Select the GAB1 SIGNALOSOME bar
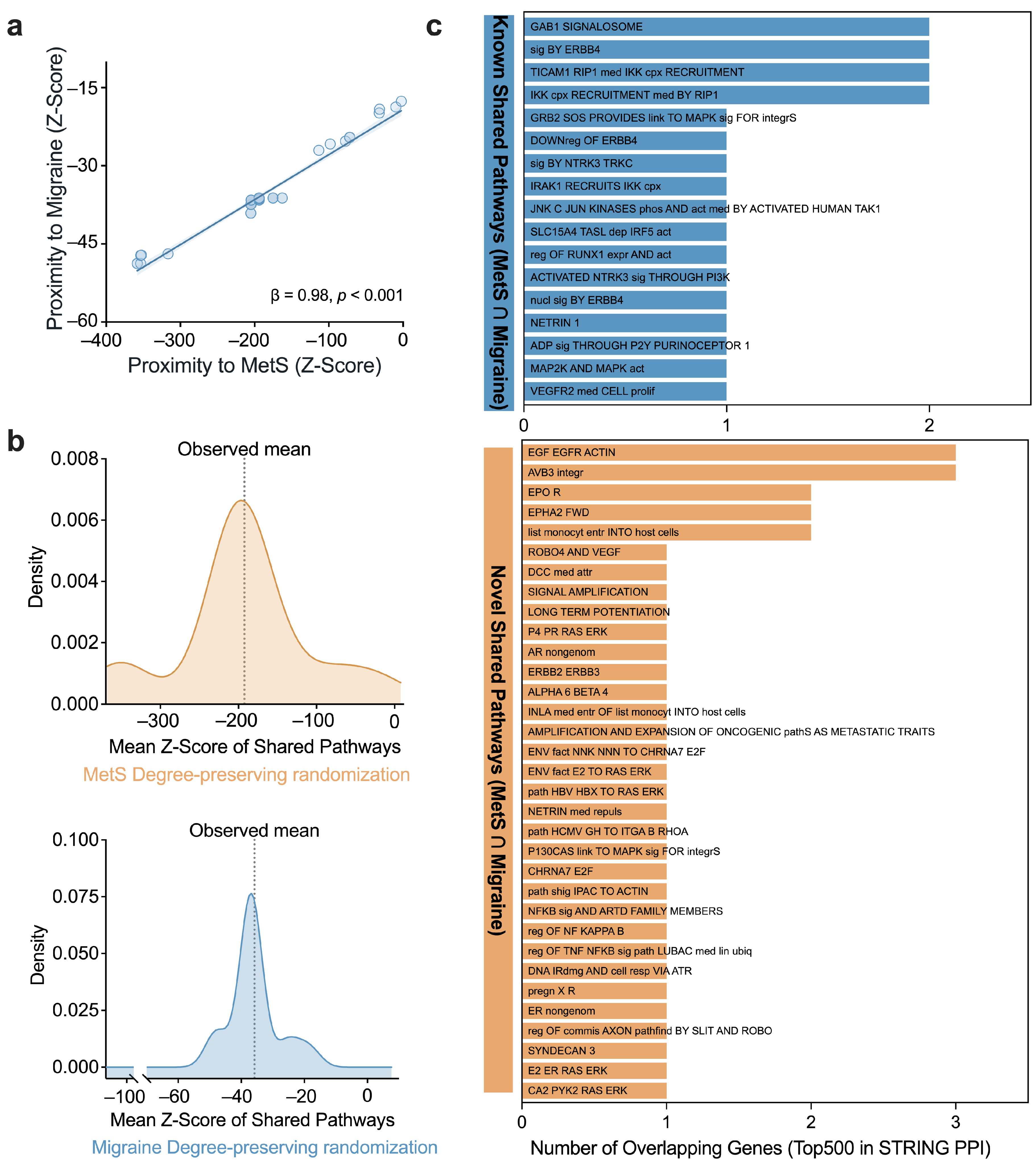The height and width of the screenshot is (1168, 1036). click(726, 27)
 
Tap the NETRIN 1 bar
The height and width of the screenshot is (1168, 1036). click(625, 323)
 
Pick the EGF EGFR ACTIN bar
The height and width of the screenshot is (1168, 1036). click(739, 453)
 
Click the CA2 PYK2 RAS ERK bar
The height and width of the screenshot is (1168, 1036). click(594, 1090)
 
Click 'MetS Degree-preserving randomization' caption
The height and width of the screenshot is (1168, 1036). click(246, 775)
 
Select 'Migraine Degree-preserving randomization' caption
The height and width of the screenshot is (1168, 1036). click(265, 1148)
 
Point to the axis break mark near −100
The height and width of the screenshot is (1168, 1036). click(140, 1078)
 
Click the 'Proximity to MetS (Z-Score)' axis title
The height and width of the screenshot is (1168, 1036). click(254, 366)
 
